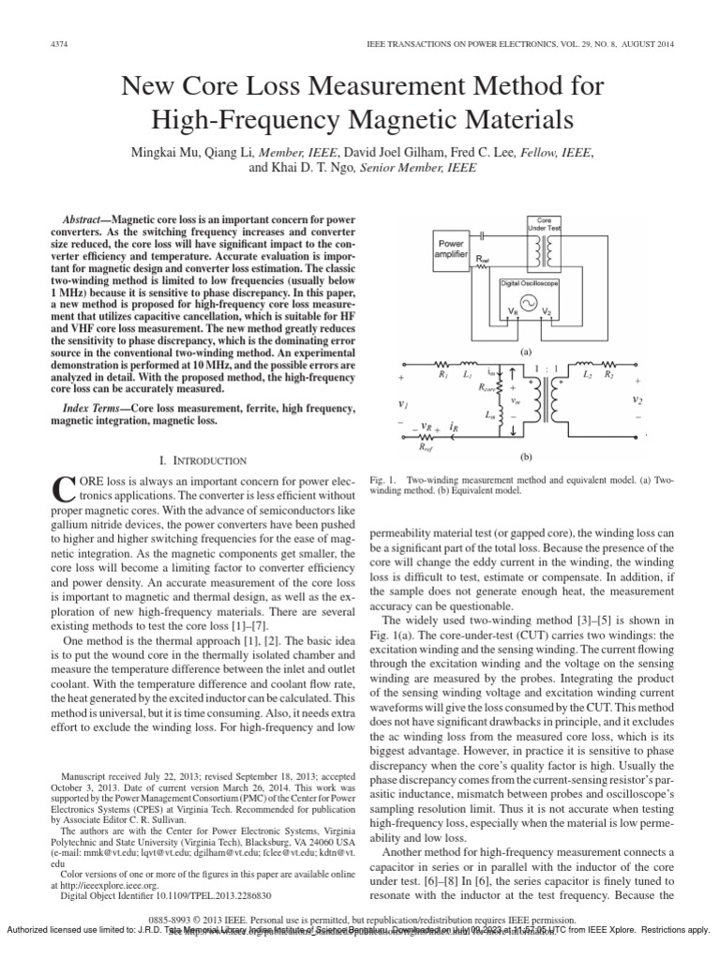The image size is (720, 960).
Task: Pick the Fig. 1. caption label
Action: (x=385, y=479)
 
